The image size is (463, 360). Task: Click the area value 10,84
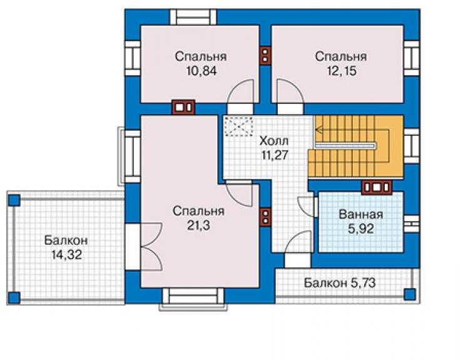tap(201, 71)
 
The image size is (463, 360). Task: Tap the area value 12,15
tap(342, 71)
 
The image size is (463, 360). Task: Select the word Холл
tap(273, 141)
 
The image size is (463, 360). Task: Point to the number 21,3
tap(198, 225)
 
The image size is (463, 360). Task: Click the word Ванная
tap(361, 214)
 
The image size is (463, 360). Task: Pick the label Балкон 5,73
tap(340, 283)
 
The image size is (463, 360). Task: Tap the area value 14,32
tap(66, 254)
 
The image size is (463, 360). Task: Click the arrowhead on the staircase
tap(318, 130)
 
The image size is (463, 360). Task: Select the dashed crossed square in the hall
tap(238, 126)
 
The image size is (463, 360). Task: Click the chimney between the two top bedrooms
tap(265, 55)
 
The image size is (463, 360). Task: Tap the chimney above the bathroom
tap(377, 187)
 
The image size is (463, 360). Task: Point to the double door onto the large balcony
tap(151, 247)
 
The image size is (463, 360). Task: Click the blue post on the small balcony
tap(410, 294)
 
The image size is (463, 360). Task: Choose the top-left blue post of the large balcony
tap(14, 200)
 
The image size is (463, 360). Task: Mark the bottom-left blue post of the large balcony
tap(14, 298)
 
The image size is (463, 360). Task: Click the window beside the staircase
tap(412, 146)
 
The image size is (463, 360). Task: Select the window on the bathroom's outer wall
tap(412, 224)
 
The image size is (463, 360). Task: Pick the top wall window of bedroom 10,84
tap(193, 17)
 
